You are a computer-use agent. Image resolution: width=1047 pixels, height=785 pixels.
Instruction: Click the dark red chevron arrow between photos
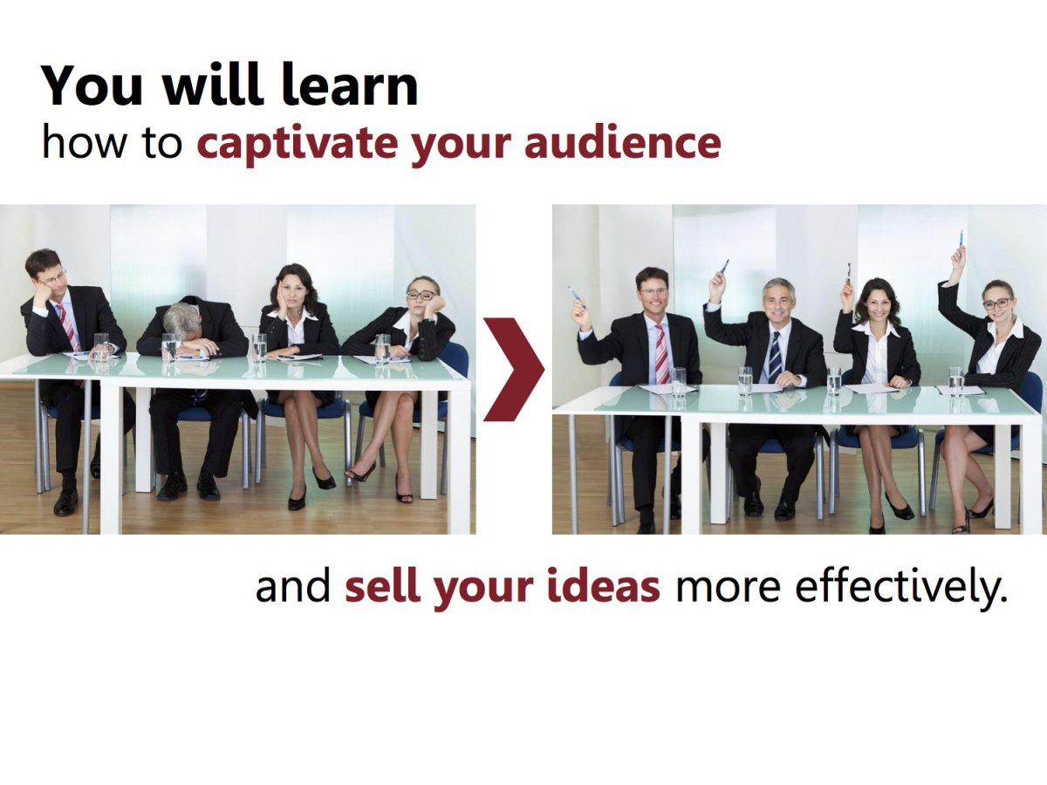514,369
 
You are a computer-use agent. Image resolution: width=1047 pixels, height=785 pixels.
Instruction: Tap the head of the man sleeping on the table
182,320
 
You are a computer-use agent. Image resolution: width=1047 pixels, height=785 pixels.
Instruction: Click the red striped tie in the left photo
69,328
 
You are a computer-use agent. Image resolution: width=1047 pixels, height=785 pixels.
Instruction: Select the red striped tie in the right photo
661,353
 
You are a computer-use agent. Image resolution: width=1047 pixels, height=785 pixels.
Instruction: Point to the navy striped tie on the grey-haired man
775,357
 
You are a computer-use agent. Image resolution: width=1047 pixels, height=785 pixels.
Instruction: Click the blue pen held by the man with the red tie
577,297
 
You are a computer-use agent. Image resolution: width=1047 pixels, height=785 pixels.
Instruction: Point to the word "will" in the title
213,85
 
